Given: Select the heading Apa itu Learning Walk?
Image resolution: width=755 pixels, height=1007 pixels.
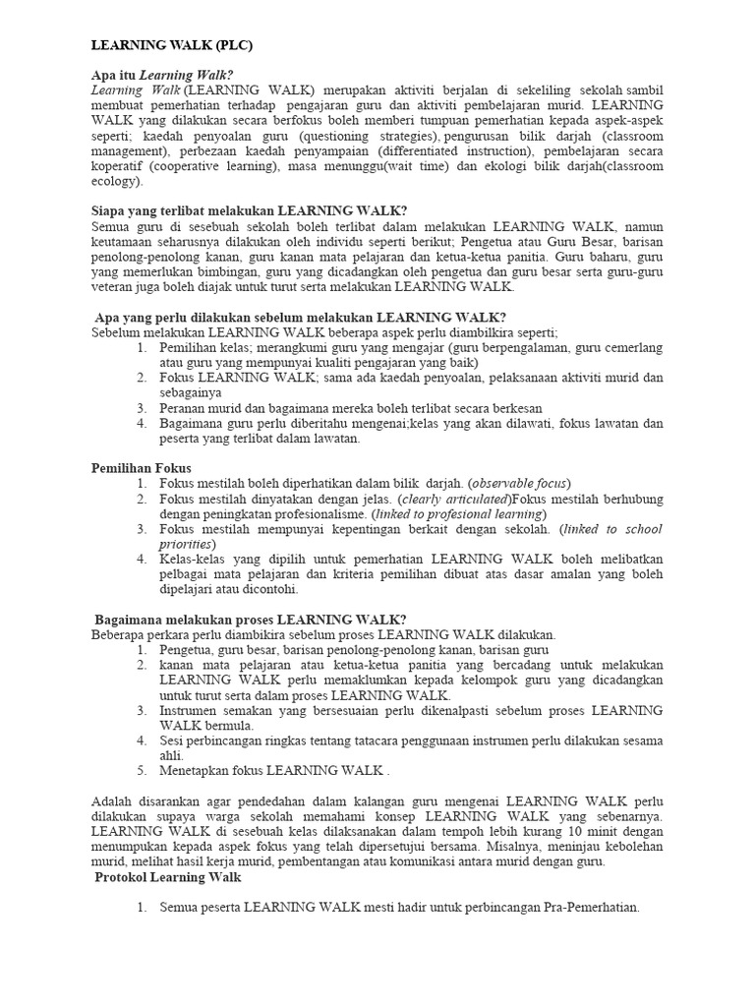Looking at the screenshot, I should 162,75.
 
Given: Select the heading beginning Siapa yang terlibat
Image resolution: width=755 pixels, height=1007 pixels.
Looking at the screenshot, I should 249,210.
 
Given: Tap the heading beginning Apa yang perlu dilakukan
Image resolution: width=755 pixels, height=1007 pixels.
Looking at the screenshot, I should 301,318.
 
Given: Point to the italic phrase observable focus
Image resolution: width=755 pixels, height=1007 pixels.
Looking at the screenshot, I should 518,484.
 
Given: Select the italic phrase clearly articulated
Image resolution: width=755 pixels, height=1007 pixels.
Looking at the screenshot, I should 454,499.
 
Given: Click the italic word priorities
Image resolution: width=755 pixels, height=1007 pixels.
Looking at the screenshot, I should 186,544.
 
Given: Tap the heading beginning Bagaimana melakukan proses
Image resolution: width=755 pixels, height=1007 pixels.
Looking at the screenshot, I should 250,620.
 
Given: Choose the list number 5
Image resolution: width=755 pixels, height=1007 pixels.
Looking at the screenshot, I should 142,770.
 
